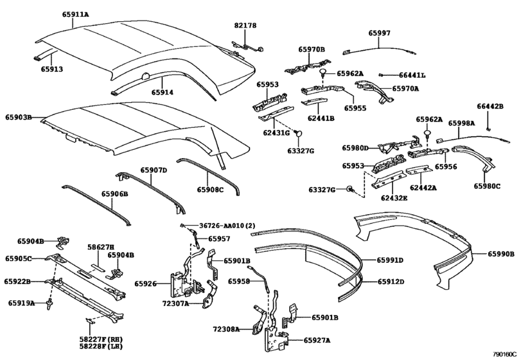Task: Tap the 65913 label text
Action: click(52, 69)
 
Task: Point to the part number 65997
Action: click(379, 33)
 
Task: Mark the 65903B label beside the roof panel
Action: click(19, 118)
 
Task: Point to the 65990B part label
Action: click(500, 255)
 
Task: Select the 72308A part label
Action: click(226, 329)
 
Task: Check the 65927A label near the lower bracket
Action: click(317, 341)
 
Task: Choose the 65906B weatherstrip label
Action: click(114, 194)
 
